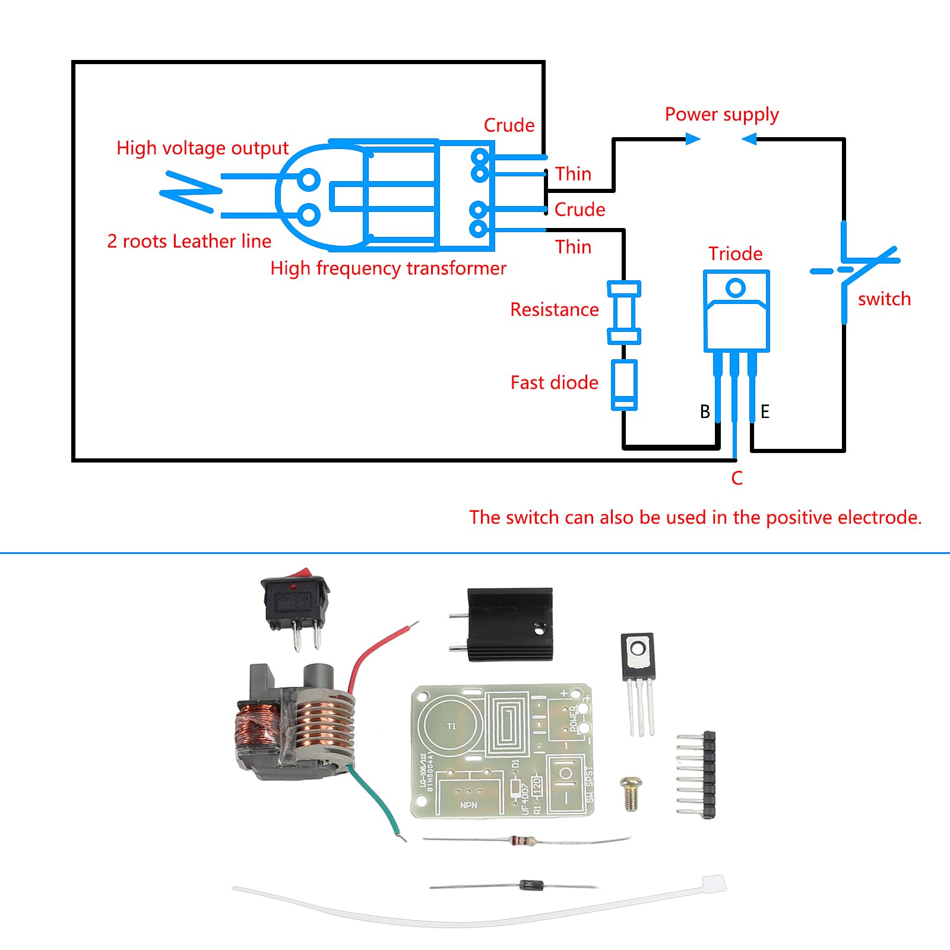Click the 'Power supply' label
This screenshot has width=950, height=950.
pyautogui.click(x=721, y=114)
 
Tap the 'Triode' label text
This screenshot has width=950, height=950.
pyautogui.click(x=735, y=254)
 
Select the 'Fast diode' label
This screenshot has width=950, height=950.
pyautogui.click(x=554, y=382)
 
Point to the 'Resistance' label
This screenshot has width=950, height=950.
pyautogui.click(x=554, y=309)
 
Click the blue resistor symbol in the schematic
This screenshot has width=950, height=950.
pyautogui.click(x=624, y=313)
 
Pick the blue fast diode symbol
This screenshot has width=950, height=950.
pyautogui.click(x=624, y=385)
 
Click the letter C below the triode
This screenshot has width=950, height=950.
pyautogui.click(x=737, y=478)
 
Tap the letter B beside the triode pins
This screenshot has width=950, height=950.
pyautogui.click(x=705, y=411)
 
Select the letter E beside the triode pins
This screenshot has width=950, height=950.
pyautogui.click(x=765, y=411)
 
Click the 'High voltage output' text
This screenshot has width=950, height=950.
pyautogui.click(x=202, y=148)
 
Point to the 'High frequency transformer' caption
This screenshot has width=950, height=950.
pyautogui.click(x=388, y=268)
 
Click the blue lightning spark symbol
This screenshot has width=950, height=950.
pyautogui.click(x=190, y=191)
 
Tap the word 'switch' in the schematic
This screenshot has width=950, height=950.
pyautogui.click(x=884, y=299)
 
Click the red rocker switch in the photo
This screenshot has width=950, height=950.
pyautogui.click(x=296, y=600)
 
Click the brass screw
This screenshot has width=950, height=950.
pyautogui.click(x=631, y=793)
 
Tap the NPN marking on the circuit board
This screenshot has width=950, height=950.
pyautogui.click(x=468, y=805)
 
